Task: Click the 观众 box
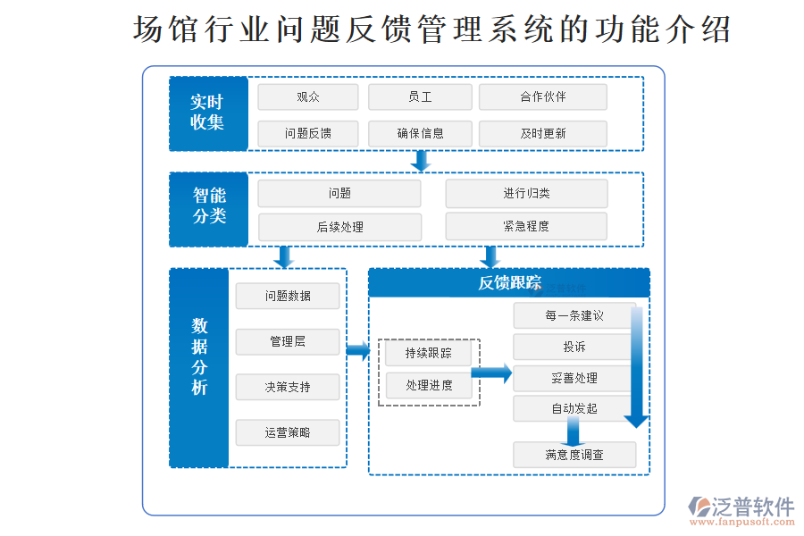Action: point(308,97)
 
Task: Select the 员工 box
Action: point(419,97)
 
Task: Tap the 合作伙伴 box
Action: point(542,97)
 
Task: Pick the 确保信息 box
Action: point(419,134)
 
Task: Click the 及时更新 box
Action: point(542,134)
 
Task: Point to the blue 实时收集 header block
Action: point(208,113)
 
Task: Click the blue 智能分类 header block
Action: point(208,209)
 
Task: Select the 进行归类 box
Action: point(526,194)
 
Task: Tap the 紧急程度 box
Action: point(526,226)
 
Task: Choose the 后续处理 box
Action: point(339,227)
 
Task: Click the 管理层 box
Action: point(288,341)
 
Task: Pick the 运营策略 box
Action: point(288,432)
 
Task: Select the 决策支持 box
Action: point(288,387)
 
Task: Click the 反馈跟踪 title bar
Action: point(509,283)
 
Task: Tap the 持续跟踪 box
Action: point(429,354)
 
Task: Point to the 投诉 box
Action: point(574,347)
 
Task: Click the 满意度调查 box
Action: point(574,455)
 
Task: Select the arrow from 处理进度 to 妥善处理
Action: point(491,373)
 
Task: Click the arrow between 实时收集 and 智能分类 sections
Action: point(421,161)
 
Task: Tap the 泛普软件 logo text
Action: point(752,507)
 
